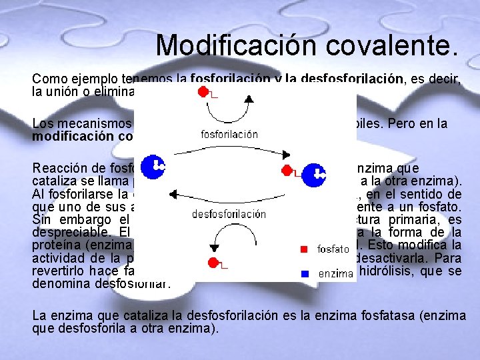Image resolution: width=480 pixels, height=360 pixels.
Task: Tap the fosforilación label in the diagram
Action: coord(229,135)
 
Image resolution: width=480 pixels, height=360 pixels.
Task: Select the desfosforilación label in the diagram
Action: coord(229,215)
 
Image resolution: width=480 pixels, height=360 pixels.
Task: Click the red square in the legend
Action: coord(303,249)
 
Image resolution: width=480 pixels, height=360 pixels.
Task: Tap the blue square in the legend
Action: coord(303,273)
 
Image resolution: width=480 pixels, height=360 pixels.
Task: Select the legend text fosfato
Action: coord(333,249)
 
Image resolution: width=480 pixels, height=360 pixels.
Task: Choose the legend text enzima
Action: coord(335,273)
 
